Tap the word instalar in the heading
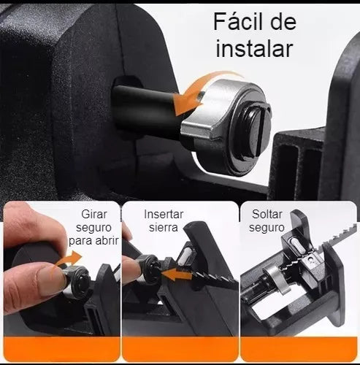tap(254, 49)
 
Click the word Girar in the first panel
tap(94, 215)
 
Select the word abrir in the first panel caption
tap(107, 241)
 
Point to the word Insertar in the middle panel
tap(164, 215)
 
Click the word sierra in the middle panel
tap(164, 228)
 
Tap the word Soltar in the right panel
tap(267, 215)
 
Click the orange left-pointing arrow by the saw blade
tap(177, 274)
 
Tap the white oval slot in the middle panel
tap(185, 258)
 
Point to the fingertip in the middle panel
tap(131, 270)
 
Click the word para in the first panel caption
tap(81, 241)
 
